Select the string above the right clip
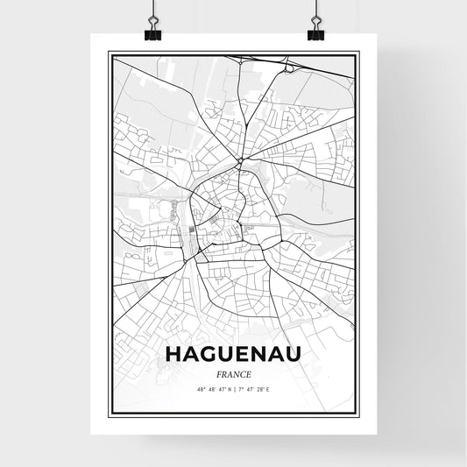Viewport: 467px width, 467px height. click(x=315, y=11)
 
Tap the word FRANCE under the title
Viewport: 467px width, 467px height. click(x=233, y=373)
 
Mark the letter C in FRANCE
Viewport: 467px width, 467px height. click(x=243, y=373)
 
